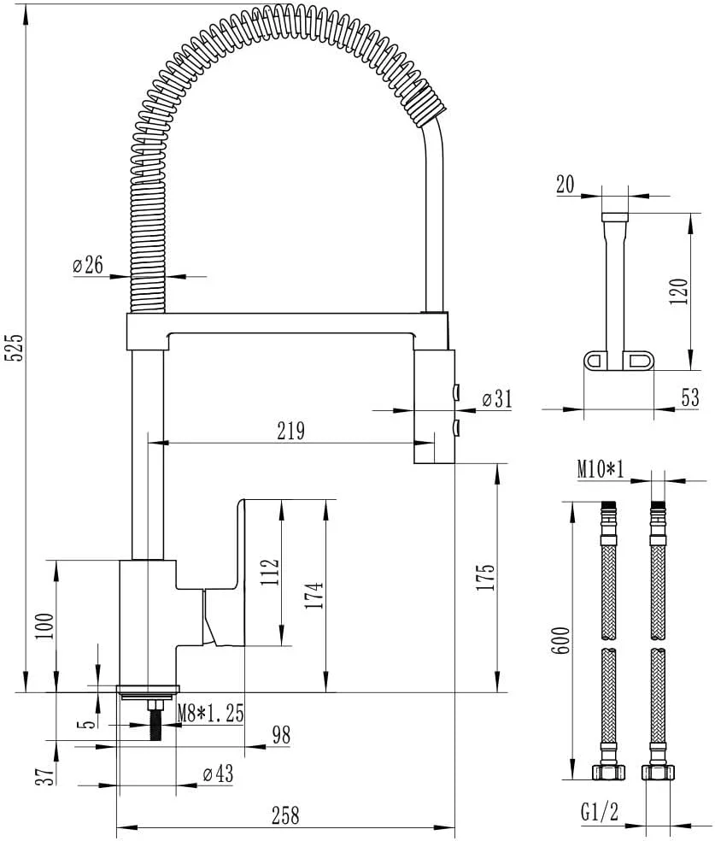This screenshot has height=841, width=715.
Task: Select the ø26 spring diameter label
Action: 88,265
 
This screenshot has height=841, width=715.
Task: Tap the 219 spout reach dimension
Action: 291,431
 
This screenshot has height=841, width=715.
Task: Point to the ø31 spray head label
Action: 497,398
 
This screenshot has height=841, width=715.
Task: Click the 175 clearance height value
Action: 485,577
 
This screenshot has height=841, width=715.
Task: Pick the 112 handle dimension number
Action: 271,572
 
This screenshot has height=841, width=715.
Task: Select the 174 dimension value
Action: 314,595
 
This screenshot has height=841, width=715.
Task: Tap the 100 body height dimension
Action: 45,626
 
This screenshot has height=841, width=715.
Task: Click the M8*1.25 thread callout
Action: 211,714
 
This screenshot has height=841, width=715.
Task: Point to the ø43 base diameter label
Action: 218,773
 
